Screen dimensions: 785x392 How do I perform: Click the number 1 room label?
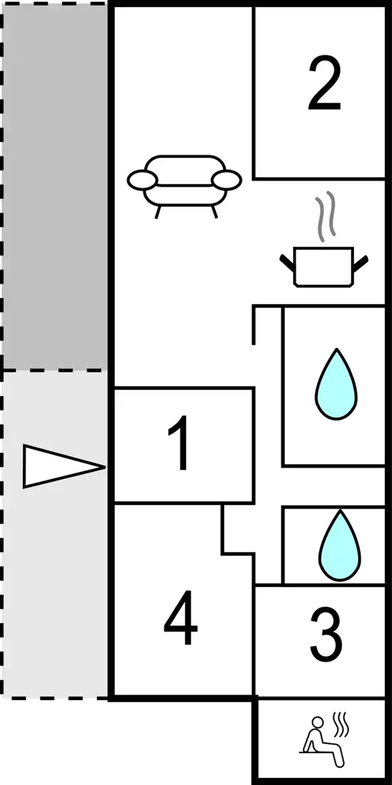(180, 445)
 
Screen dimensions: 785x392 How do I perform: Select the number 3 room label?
(325, 633)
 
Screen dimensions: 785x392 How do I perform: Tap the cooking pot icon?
(324, 266)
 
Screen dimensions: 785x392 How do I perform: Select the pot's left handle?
(287, 263)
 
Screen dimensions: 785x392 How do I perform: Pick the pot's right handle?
(361, 263)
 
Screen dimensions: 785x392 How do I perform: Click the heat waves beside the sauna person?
(340, 724)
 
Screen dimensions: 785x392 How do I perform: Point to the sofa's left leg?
(157, 210)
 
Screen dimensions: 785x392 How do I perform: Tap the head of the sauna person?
(318, 722)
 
